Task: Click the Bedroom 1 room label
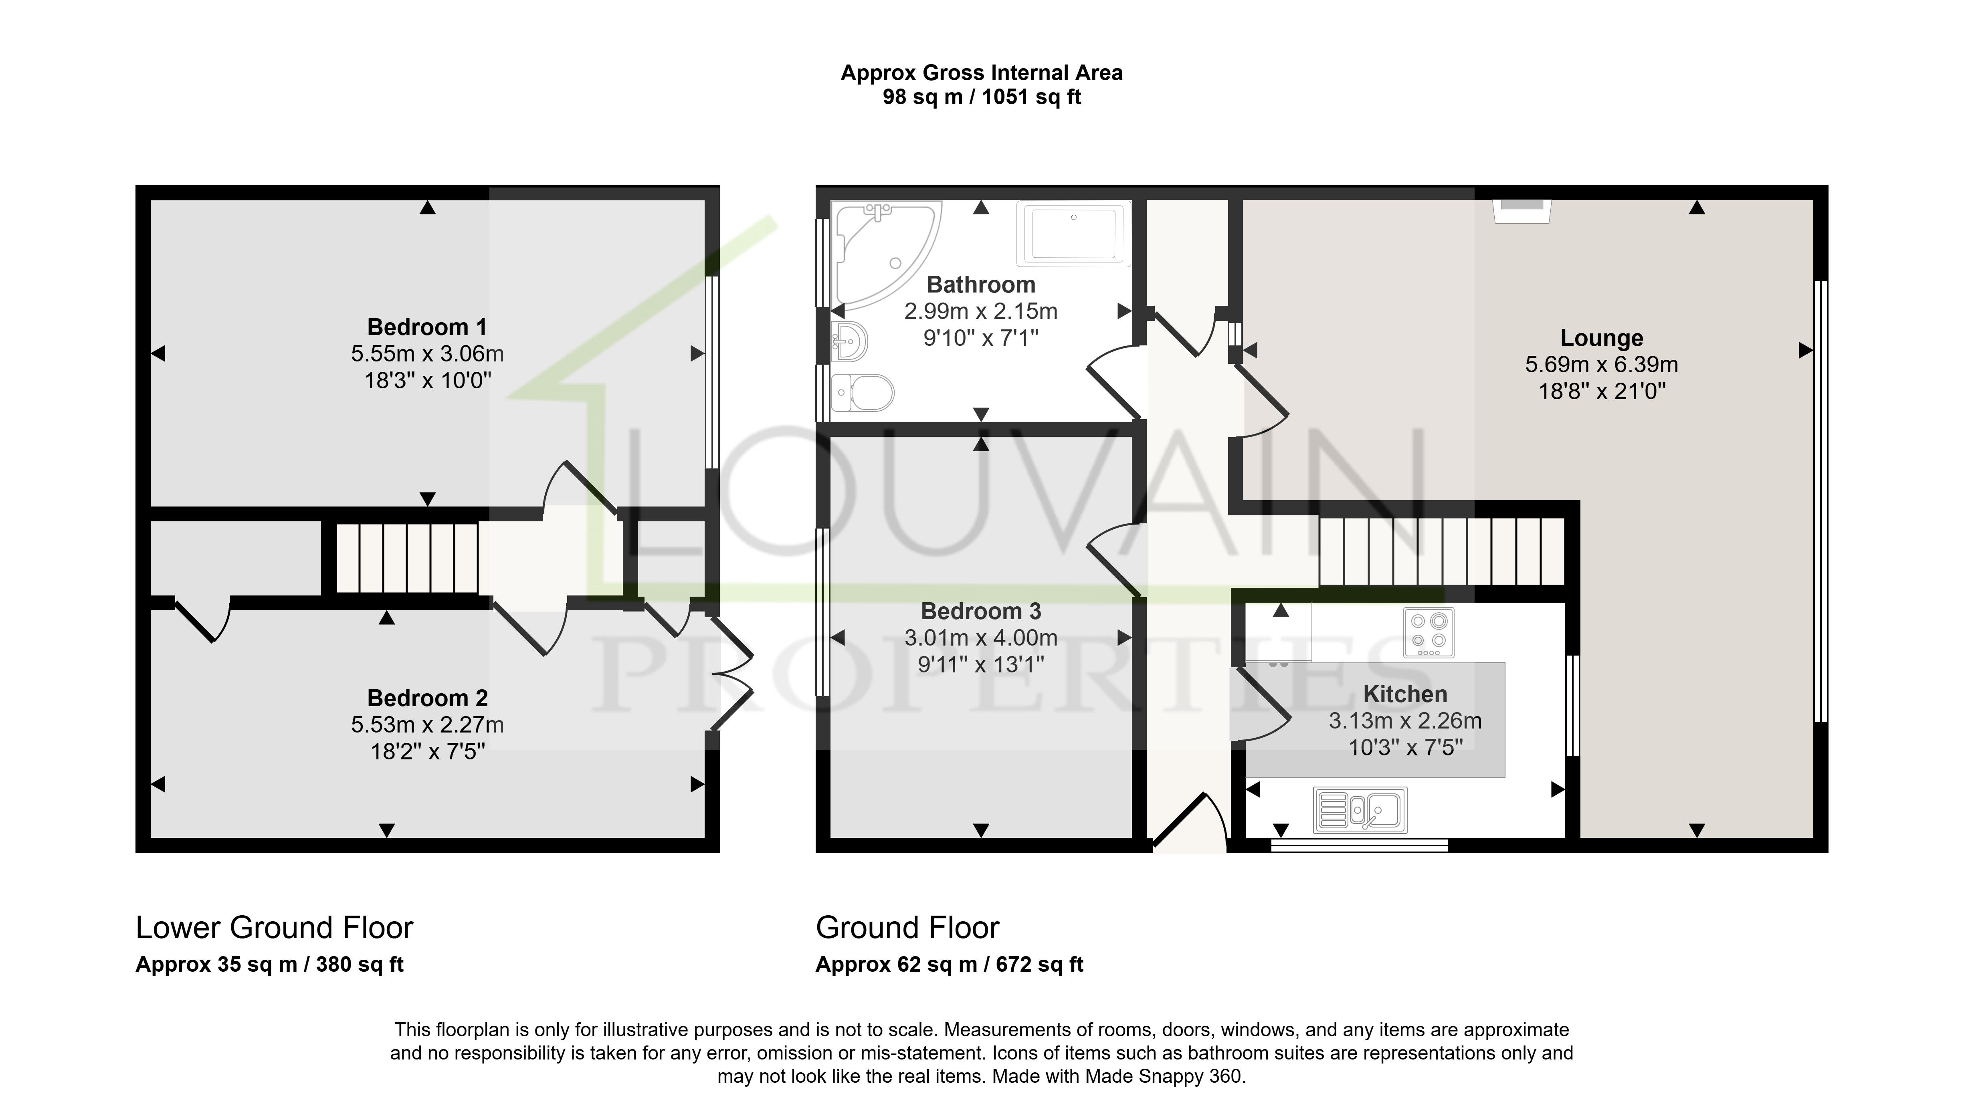[x=427, y=327]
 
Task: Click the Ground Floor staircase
[x=1442, y=551]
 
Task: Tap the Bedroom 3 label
[x=980, y=611]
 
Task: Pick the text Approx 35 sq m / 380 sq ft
[x=269, y=965]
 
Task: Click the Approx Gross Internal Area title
[x=981, y=73]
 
